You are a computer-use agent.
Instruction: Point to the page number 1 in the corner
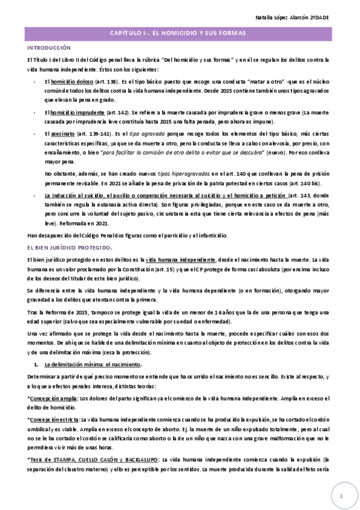click(x=341, y=496)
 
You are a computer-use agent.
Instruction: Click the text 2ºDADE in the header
click(x=337, y=18)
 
